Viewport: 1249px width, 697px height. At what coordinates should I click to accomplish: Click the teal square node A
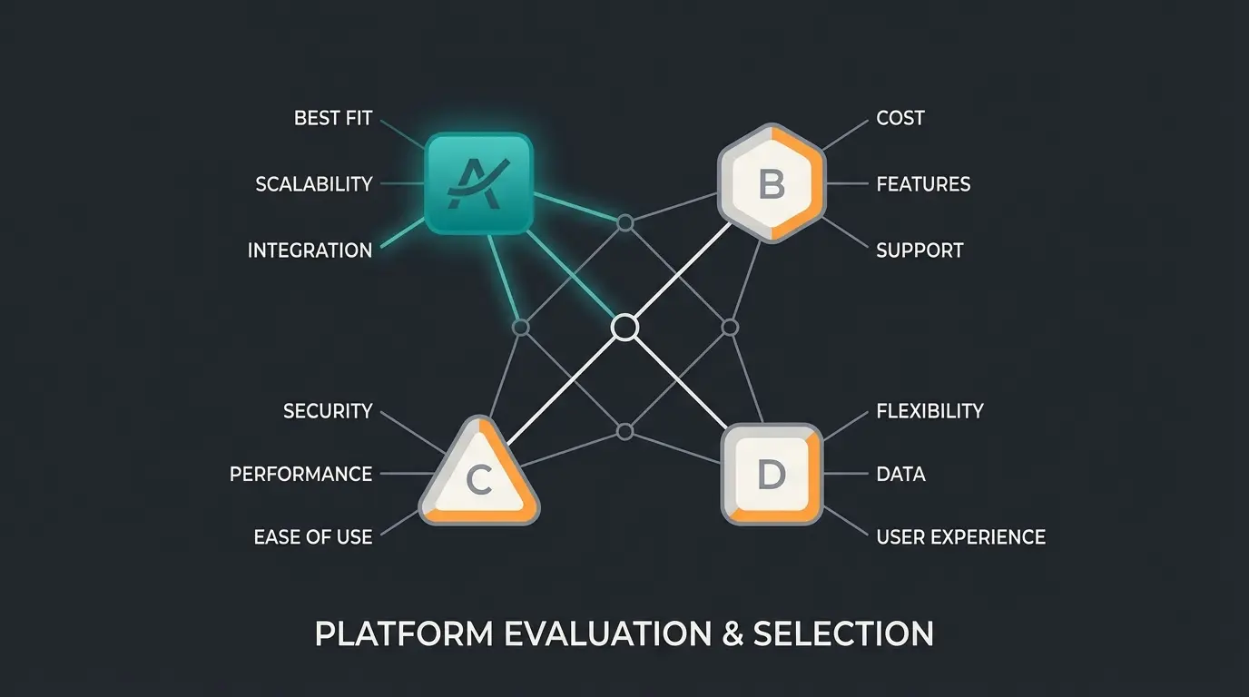coord(479,184)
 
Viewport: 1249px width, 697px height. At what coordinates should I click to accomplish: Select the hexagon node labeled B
coord(771,184)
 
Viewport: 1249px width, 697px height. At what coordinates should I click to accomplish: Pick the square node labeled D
coord(772,474)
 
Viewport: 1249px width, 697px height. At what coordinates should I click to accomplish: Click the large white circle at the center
coord(624,327)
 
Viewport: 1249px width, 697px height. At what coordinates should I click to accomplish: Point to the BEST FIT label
coord(333,118)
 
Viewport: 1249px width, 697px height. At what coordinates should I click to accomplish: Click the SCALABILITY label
coord(314,184)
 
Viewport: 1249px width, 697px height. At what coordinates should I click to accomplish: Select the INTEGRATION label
coord(310,250)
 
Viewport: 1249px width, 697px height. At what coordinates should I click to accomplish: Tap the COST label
coord(900,118)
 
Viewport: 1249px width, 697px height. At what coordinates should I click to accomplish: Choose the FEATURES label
coord(923,184)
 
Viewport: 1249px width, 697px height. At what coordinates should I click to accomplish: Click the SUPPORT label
coord(920,250)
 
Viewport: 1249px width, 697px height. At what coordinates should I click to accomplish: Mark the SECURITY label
coord(328,411)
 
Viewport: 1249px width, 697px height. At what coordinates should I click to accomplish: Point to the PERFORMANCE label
coord(300,474)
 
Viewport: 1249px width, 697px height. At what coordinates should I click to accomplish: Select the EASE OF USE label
coord(313,537)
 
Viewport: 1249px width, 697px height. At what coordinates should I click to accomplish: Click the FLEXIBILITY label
coord(929,411)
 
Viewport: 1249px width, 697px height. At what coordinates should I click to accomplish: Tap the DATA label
coord(900,474)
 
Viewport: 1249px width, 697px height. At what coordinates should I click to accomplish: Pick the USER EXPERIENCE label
coord(960,537)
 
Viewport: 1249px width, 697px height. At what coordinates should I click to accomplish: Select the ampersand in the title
coord(731,633)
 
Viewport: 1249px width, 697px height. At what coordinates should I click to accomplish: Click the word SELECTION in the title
coord(843,633)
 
